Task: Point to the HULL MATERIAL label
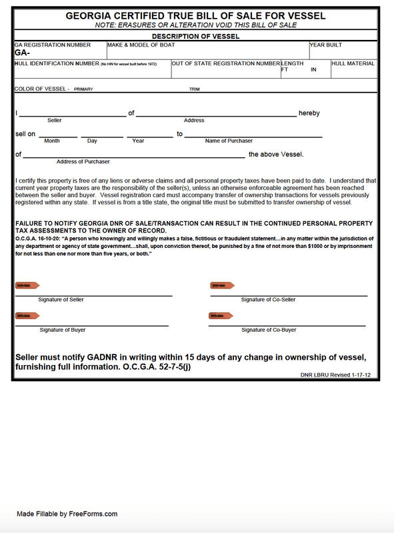[x=353, y=63]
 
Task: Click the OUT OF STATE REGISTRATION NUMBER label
[x=226, y=63]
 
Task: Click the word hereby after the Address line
[x=309, y=113]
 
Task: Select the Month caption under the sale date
[x=52, y=141]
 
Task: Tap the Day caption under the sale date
[x=92, y=141]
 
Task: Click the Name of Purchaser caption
[x=229, y=141]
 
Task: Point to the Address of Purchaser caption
[x=83, y=162]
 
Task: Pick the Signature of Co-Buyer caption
[x=268, y=330]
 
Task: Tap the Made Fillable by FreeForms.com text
[x=67, y=514]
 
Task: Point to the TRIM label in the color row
[x=195, y=89]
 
